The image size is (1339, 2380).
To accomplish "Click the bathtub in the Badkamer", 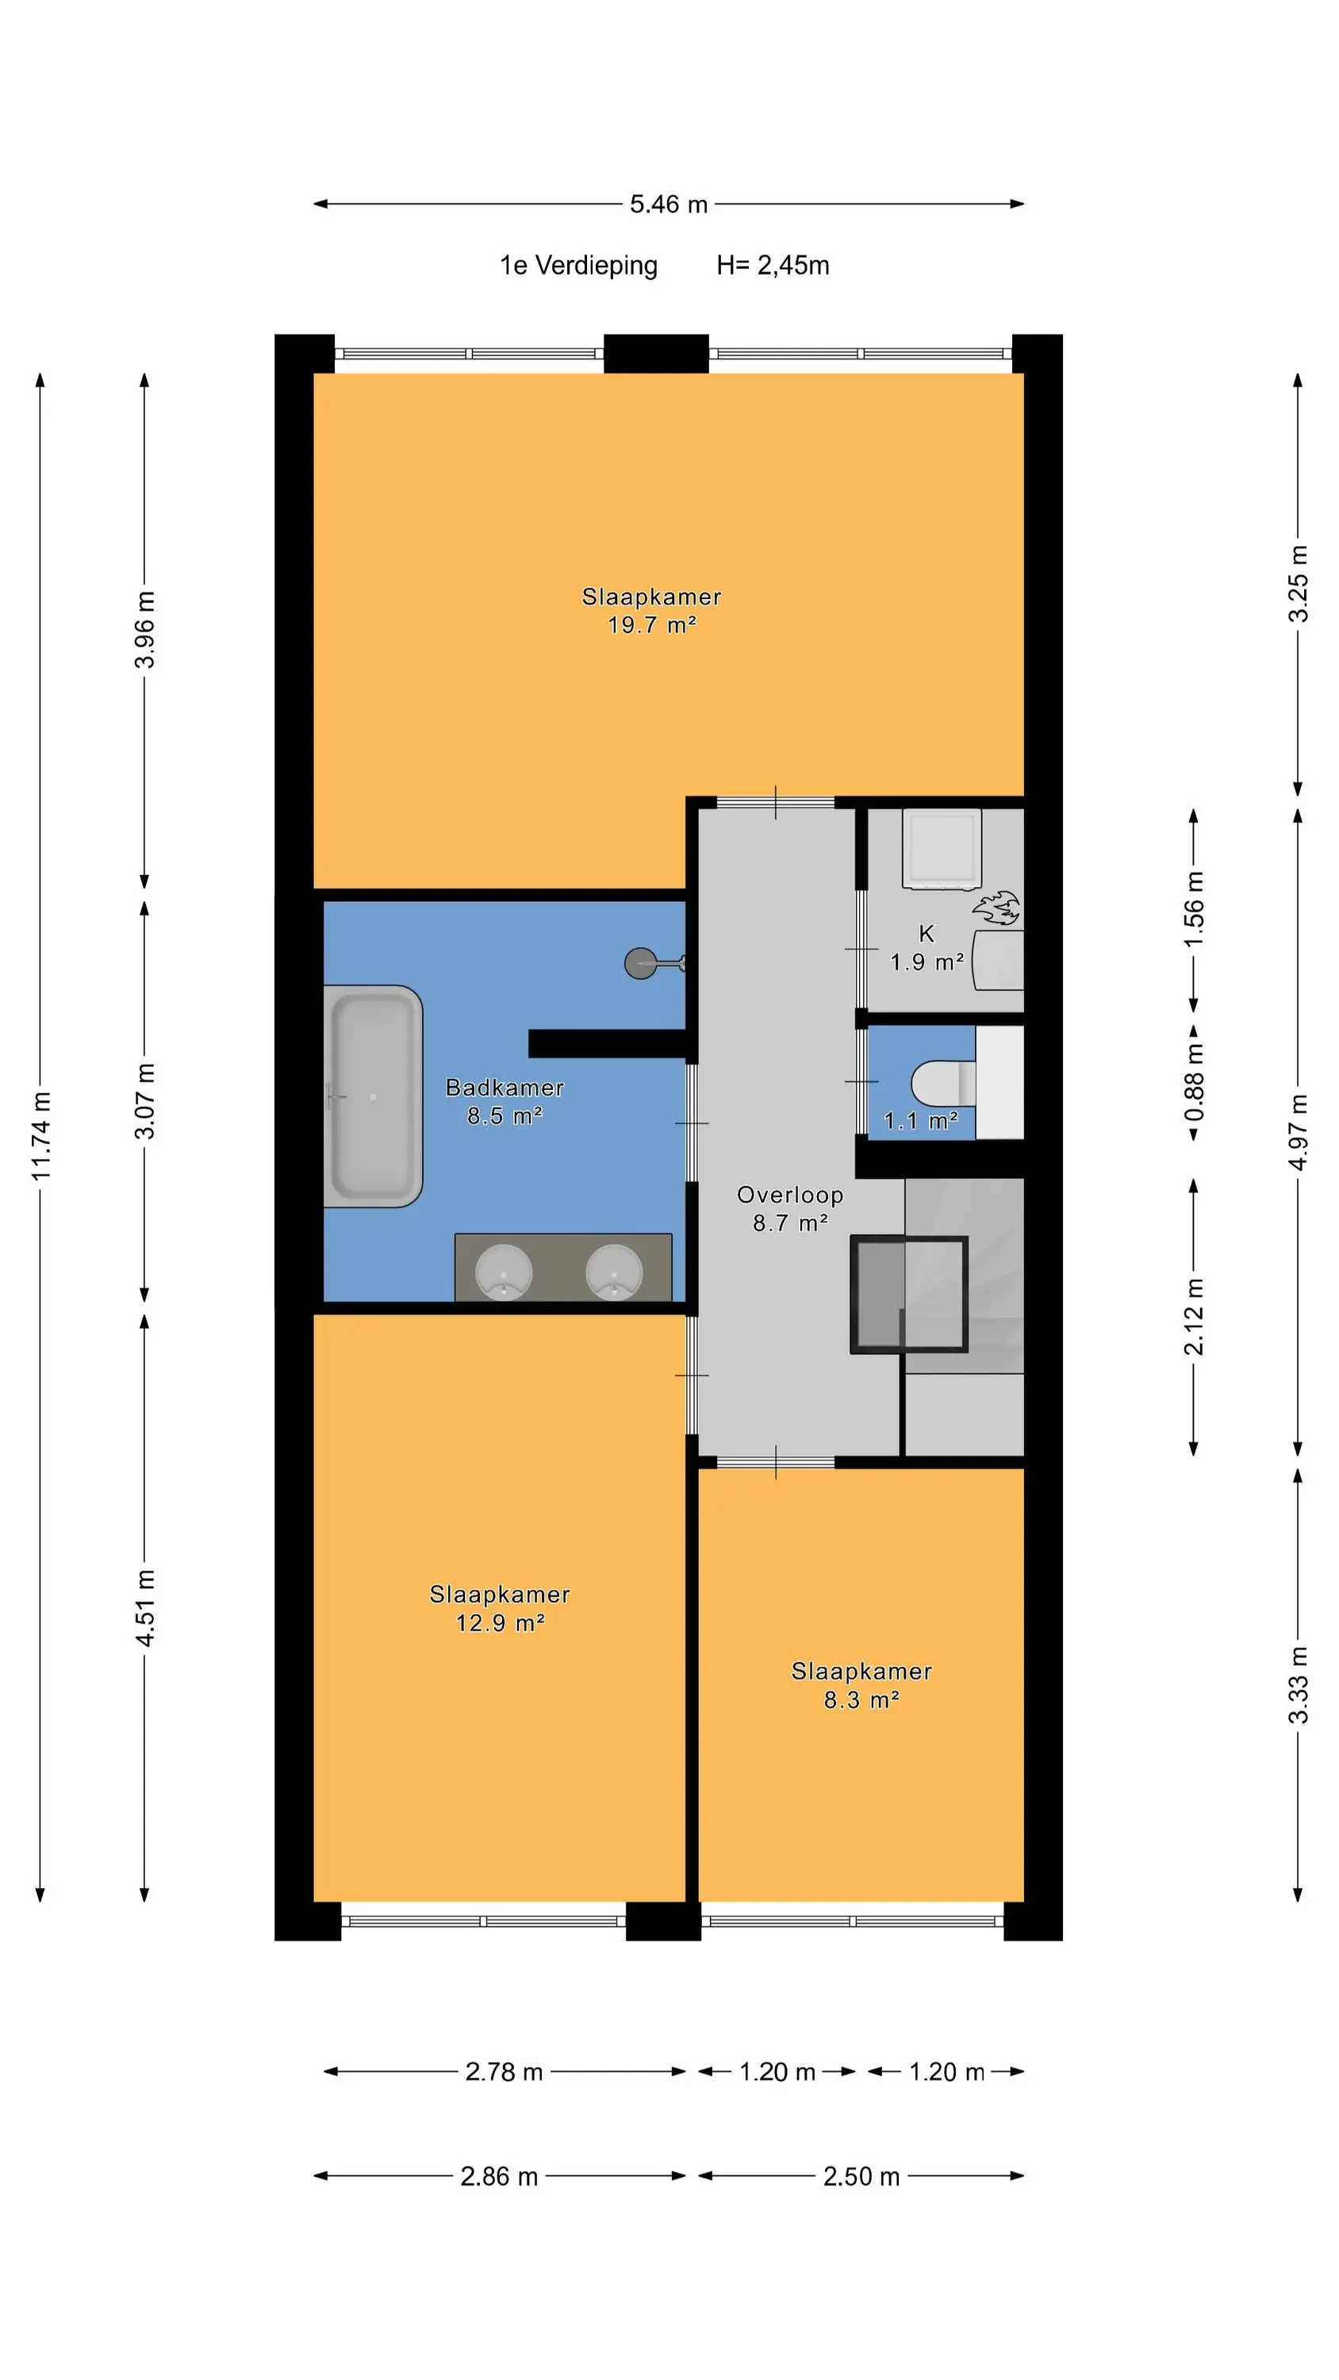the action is pos(374,1096).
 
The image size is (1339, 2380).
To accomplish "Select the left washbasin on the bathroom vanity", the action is pos(504,1271).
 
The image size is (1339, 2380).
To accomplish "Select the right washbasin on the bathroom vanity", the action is pos(615,1271).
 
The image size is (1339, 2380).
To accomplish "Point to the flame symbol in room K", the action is pos(996,908).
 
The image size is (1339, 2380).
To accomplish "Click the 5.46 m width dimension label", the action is pos(668,204).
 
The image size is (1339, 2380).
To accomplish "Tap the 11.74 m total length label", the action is pos(40,1135).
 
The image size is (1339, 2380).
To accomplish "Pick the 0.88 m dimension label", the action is pos(1194,1082).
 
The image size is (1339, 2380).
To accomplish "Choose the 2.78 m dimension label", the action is pos(504,2071).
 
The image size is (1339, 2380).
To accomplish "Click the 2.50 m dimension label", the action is pos(861,2176).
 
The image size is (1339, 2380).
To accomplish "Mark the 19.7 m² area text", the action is pos(651,625).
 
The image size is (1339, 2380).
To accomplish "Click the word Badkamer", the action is pos(505,1088).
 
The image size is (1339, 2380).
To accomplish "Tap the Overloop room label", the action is pos(790,1195).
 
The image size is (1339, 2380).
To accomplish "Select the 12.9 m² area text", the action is pos(500,1623).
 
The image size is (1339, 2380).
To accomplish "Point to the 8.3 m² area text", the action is pos(861,1700).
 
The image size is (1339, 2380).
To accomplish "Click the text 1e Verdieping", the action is pos(578,266).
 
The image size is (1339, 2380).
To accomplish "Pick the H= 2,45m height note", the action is pos(773,266).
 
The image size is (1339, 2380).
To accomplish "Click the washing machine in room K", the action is pos(942,849).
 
